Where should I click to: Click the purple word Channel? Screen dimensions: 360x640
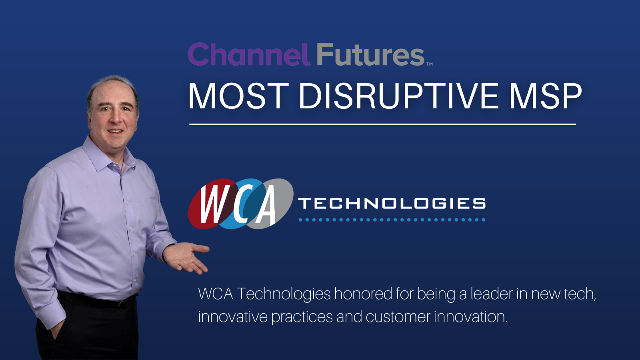point(248,55)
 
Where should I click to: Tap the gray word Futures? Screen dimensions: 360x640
point(370,55)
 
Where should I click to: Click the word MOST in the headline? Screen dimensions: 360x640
point(238,96)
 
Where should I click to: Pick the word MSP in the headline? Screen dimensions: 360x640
point(545,96)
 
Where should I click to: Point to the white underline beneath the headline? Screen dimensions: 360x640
point(382,124)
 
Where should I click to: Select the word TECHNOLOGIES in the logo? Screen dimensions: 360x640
point(392,204)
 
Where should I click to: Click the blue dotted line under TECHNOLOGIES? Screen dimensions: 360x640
point(392,220)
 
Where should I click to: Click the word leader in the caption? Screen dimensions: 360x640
point(491,294)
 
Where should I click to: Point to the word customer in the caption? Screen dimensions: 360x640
point(398,317)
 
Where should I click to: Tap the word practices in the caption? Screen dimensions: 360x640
point(302,317)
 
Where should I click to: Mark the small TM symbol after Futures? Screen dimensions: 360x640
point(429,64)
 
